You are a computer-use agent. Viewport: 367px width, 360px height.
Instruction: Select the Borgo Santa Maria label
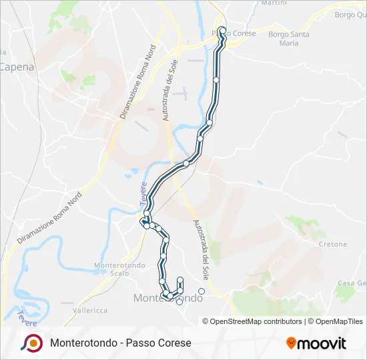point(289,39)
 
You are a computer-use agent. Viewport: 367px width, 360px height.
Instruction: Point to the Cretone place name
point(333,245)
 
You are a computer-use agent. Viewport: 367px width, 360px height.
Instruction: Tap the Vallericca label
point(90,310)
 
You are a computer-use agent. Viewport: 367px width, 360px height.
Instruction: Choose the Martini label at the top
point(274,3)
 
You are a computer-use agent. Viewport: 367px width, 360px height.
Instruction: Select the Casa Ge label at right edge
point(352,283)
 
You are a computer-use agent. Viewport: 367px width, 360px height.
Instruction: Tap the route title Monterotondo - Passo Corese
point(121,343)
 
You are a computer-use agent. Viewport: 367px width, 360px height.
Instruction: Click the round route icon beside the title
point(31,343)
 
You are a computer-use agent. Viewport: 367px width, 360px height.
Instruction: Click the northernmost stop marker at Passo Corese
point(222,30)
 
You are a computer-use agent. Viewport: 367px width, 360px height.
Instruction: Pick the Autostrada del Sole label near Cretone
point(200,249)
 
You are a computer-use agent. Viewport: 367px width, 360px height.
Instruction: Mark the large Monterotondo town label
point(168,299)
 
